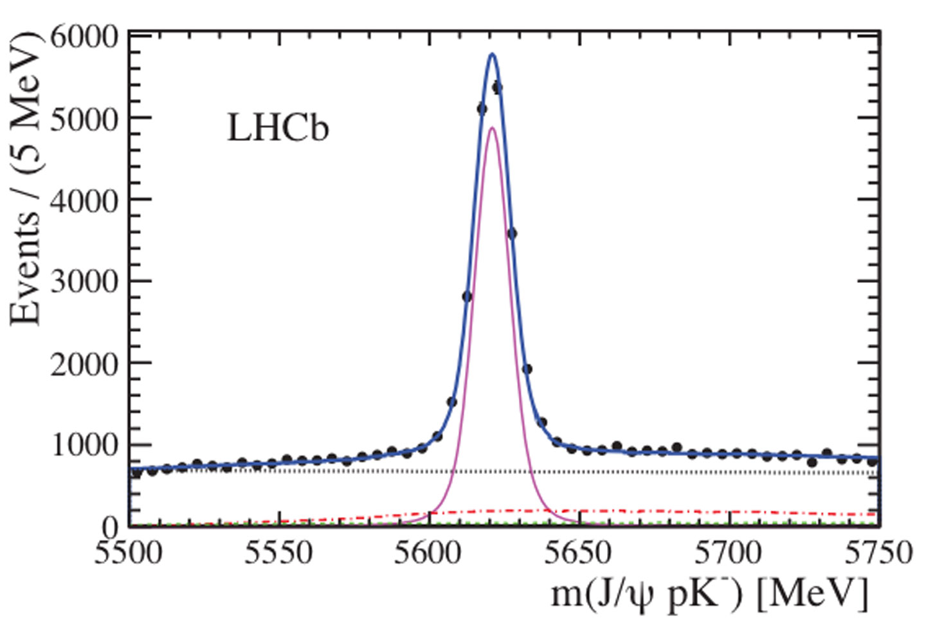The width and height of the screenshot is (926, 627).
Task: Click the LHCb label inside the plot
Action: click(278, 128)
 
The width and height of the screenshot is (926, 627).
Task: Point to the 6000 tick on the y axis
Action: click(84, 37)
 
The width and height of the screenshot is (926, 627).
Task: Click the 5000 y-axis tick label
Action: click(84, 118)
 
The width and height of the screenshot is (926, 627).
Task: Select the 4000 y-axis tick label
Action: click(84, 200)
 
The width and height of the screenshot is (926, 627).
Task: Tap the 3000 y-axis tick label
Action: click(84, 281)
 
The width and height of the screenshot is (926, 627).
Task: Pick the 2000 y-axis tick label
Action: click(84, 363)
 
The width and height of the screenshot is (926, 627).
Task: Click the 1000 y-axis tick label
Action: click(84, 444)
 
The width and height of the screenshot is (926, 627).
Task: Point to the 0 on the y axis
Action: click(110, 527)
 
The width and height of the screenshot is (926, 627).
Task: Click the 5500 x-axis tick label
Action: click(129, 553)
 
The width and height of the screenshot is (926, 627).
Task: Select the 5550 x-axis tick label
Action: click(278, 553)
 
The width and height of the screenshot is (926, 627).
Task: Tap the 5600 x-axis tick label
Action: click(428, 553)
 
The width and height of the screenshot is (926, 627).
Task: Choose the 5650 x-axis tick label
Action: click(579, 553)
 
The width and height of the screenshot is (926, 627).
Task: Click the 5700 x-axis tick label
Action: click(729, 553)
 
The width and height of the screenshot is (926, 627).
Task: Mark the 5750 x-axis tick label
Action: click(878, 553)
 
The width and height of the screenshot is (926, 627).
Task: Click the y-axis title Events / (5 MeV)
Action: click(26, 180)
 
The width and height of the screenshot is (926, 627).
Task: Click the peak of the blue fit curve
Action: click(493, 54)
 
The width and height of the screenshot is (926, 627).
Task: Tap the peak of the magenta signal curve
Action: click(492, 127)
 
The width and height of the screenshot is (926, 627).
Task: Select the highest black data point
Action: click(497, 87)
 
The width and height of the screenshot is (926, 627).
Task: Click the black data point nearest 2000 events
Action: click(527, 369)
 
